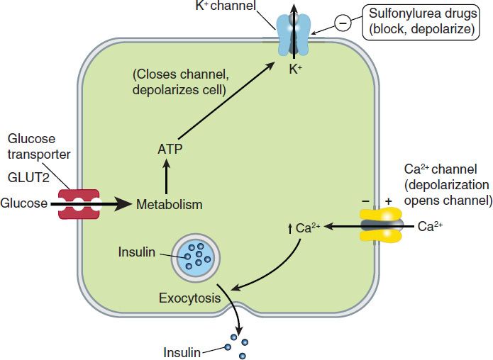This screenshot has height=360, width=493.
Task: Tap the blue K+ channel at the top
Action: click(x=292, y=35)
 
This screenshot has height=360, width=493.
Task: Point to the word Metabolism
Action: click(x=170, y=205)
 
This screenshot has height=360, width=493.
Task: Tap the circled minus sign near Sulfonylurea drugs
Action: click(x=342, y=23)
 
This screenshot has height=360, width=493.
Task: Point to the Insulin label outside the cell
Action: click(x=183, y=351)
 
